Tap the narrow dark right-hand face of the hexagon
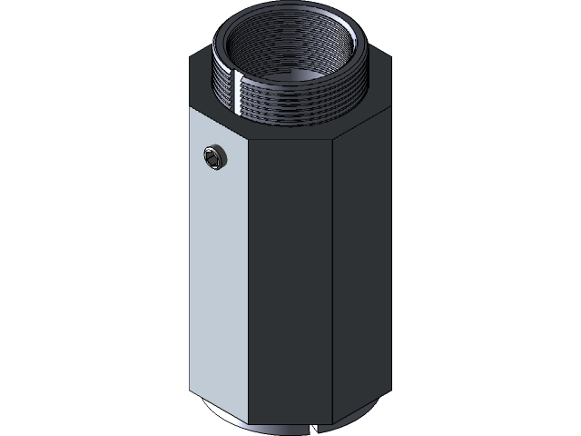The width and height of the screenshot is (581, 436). (x=360, y=263)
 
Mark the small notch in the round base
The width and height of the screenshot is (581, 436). (x=314, y=426)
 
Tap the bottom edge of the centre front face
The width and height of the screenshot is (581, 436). (x=290, y=424)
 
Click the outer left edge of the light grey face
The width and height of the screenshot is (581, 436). (x=191, y=254)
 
